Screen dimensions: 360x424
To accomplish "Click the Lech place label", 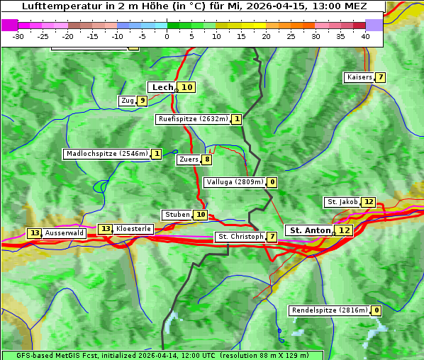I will click(162, 87).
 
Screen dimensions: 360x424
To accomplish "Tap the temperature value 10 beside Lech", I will click(186, 87).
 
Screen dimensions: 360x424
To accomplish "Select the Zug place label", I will click(128, 101).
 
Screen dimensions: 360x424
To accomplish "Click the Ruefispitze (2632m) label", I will click(194, 119).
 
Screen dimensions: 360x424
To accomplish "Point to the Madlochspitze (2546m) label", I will click(106, 154).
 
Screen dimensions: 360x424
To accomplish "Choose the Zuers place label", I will click(189, 159).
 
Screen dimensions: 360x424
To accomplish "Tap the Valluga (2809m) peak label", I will click(235, 182).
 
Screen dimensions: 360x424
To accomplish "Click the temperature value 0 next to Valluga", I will click(272, 182).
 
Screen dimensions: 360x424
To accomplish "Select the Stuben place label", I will click(177, 215).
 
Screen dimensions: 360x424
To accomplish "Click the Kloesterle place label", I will click(133, 229).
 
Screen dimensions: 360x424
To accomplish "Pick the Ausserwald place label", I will click(65, 233).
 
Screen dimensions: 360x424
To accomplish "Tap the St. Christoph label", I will click(240, 237).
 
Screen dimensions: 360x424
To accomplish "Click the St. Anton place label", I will click(310, 230).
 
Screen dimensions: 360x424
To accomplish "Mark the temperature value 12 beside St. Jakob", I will click(368, 202).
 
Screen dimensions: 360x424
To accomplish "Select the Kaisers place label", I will click(359, 77).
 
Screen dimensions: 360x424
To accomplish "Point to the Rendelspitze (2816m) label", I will click(330, 310).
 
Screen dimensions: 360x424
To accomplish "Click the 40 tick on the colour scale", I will click(365, 35).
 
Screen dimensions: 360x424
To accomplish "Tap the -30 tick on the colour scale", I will click(19, 35).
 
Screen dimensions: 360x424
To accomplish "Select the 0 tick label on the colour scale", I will click(167, 35).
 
